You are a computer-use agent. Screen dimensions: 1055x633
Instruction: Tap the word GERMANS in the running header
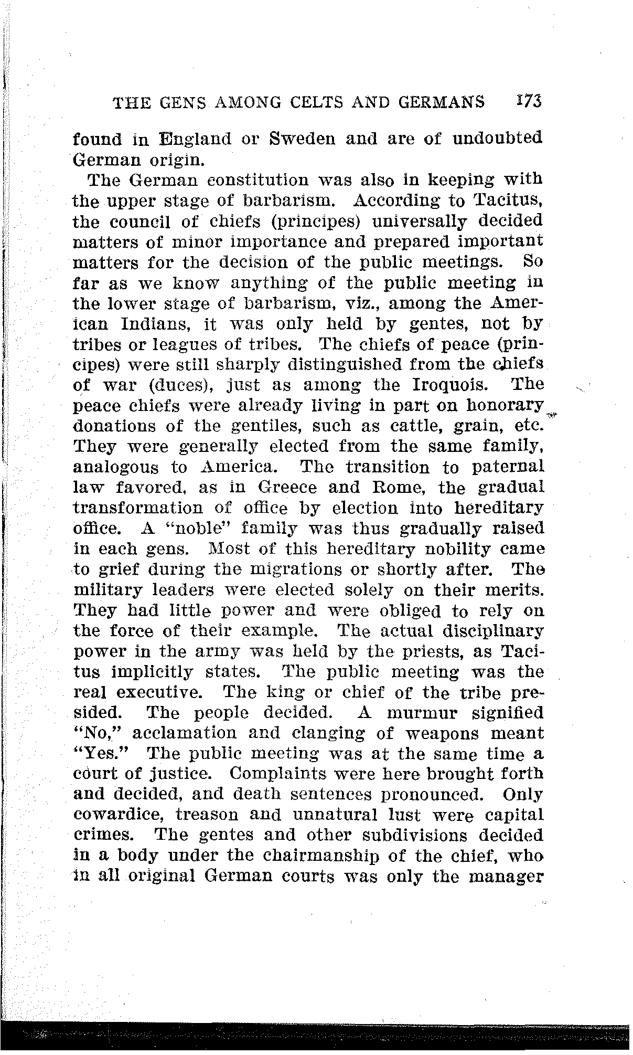(442, 102)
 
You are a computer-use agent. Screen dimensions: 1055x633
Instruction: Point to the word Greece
(288, 488)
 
